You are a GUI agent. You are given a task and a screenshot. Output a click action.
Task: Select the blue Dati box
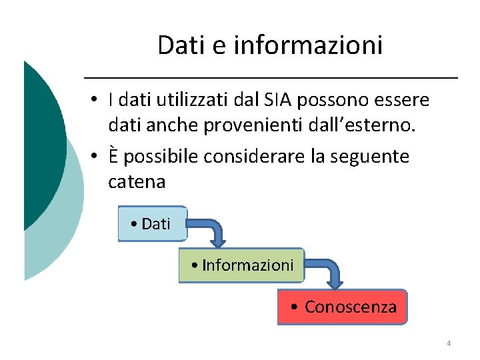click(152, 224)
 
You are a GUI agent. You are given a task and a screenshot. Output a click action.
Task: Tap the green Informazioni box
click(241, 265)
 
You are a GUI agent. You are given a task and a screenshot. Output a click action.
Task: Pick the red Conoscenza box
click(343, 307)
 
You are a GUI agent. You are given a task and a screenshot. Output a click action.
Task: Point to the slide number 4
click(449, 343)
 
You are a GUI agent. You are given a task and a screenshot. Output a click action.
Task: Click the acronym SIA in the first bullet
click(277, 101)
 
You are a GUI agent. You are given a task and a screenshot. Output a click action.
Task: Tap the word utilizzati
click(191, 101)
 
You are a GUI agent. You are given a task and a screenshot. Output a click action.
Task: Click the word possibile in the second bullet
click(161, 157)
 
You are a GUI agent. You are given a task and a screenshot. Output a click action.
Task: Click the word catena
click(136, 182)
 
